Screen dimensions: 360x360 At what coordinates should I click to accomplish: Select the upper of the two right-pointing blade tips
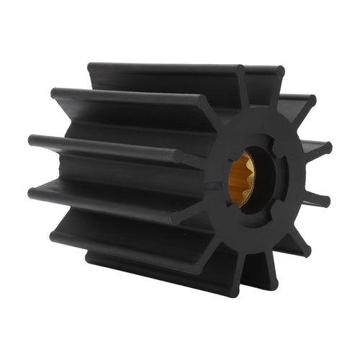(325, 150)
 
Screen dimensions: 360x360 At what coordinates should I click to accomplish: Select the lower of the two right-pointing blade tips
(326, 201)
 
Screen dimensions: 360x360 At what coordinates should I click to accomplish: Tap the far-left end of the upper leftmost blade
(33, 140)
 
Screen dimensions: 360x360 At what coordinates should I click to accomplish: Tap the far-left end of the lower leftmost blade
(33, 193)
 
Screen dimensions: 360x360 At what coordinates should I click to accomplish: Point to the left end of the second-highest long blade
(55, 94)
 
